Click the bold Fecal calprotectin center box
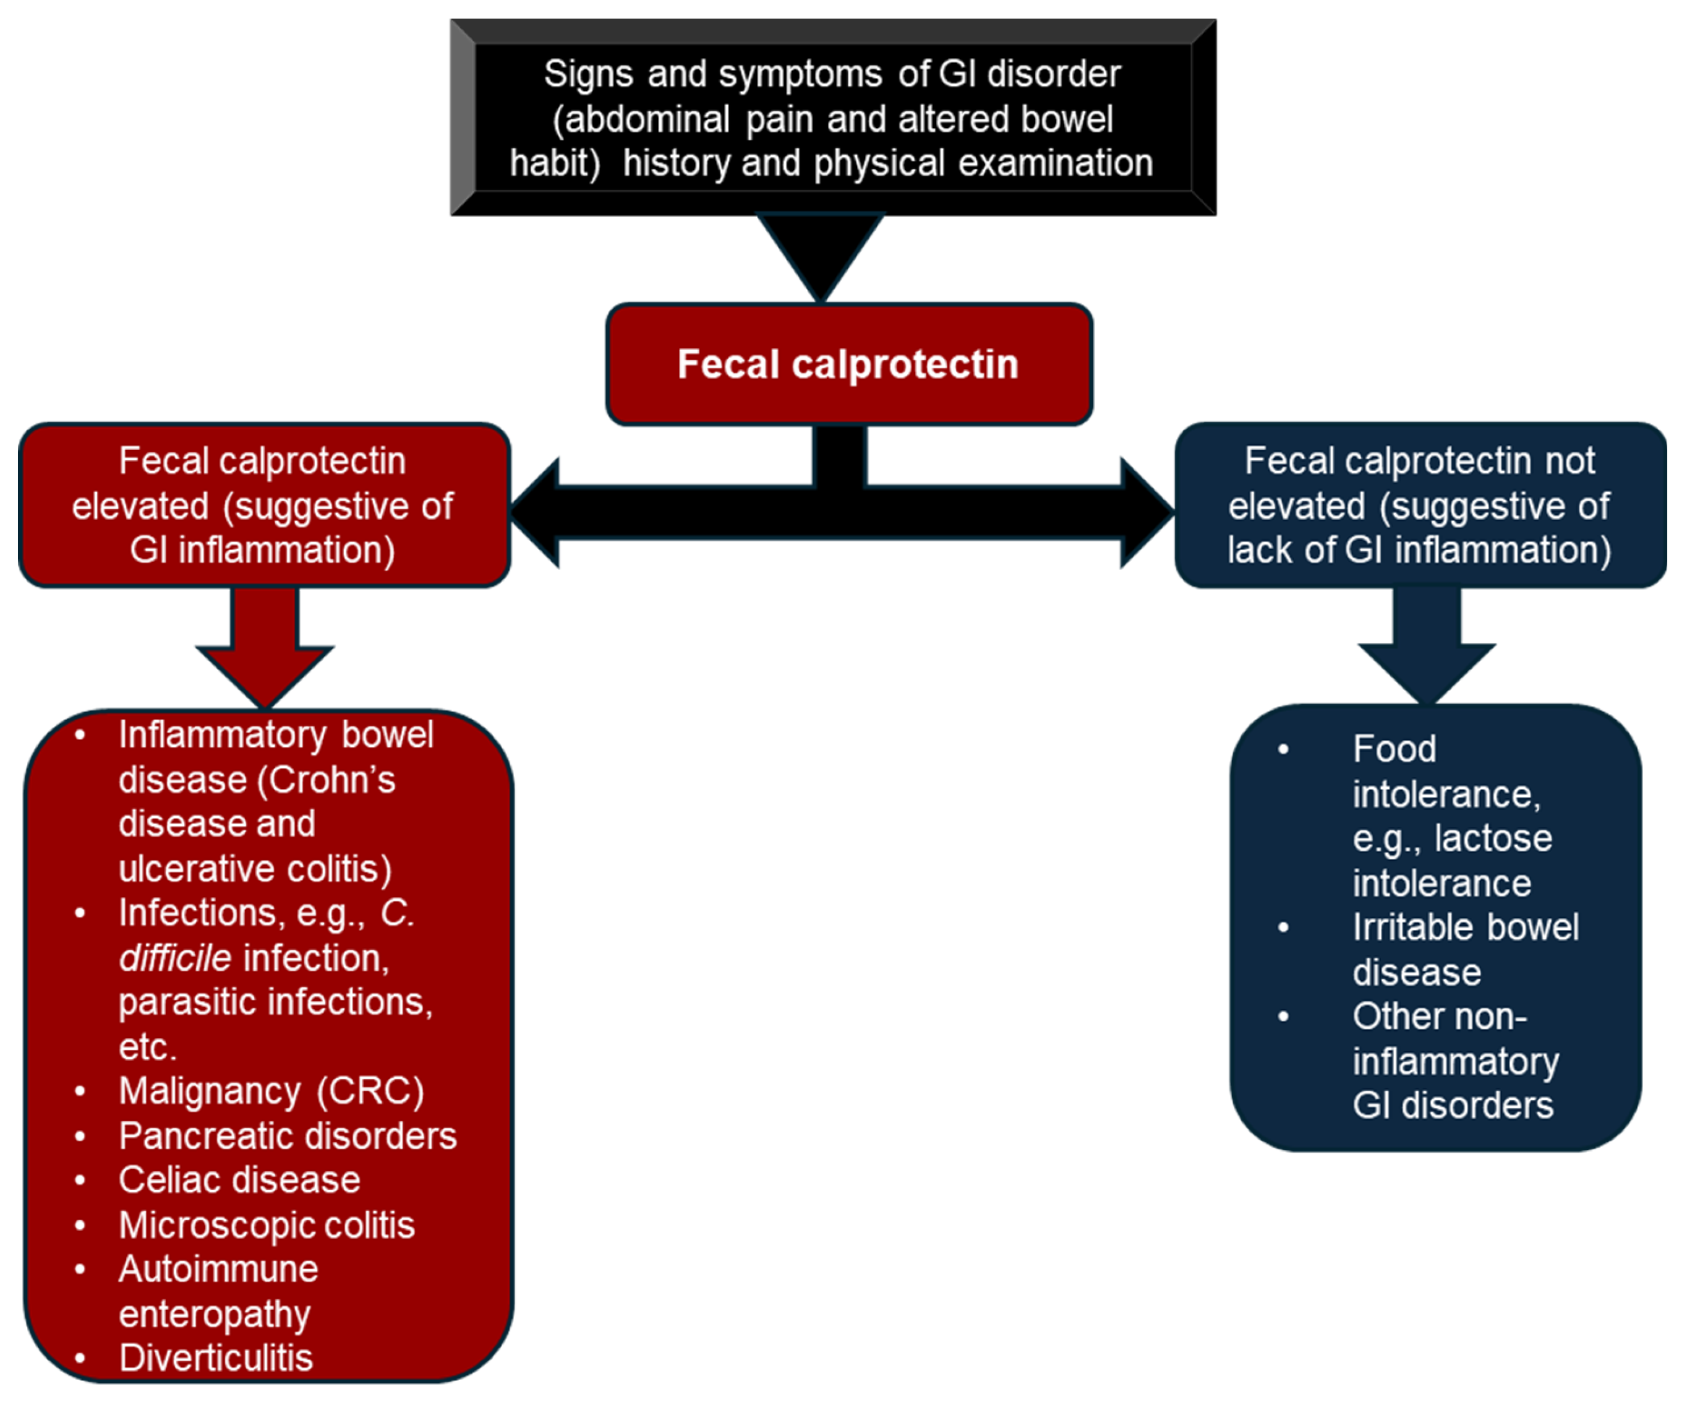[848, 364]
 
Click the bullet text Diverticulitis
[215, 1358]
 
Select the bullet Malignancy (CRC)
[271, 1091]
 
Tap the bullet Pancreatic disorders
[288, 1136]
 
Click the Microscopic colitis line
[267, 1225]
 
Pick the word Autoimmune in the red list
[218, 1270]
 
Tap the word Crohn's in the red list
[331, 780]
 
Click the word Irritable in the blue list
[1402, 927]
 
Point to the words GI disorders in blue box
[1453, 1106]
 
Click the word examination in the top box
[1056, 163]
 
